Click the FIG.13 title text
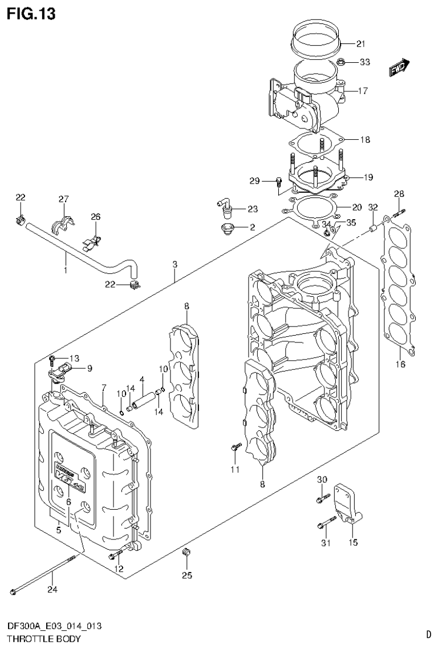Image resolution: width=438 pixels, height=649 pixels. (31, 14)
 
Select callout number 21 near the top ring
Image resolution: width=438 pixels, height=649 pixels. (360, 44)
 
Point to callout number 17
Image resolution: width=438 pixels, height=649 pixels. (363, 90)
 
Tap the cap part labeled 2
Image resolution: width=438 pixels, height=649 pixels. (230, 228)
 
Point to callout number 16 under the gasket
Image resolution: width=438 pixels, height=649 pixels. (401, 364)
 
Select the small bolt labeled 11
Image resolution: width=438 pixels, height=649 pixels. (234, 449)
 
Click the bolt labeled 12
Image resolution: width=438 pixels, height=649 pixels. (115, 553)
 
